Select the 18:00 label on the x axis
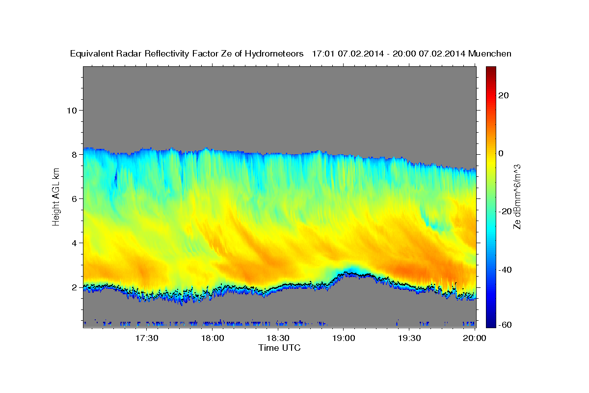click(x=213, y=338)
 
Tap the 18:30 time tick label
click(x=278, y=338)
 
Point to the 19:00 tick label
click(x=343, y=338)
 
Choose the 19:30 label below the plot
click(x=409, y=338)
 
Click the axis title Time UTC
click(x=279, y=348)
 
